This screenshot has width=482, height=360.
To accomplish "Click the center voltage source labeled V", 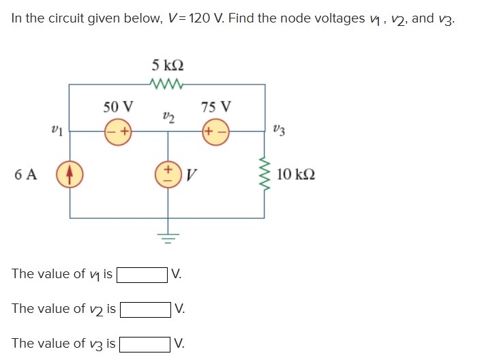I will pos(168,175).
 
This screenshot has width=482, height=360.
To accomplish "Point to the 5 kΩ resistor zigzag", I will pos(168,85).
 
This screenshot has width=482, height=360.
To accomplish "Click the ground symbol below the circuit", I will pos(168,237).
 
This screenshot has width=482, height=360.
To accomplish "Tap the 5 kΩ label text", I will pos(168,65).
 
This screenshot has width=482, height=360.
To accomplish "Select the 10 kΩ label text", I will pos(296,175).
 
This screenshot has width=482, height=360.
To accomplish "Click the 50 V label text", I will pos(118,107).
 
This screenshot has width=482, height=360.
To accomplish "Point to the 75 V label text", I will pos(216,107).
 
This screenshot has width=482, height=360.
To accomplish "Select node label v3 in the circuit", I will pos(280,128).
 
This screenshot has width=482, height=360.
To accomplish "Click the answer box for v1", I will pos(142,275).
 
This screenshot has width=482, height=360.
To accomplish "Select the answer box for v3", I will pos(145,344).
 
